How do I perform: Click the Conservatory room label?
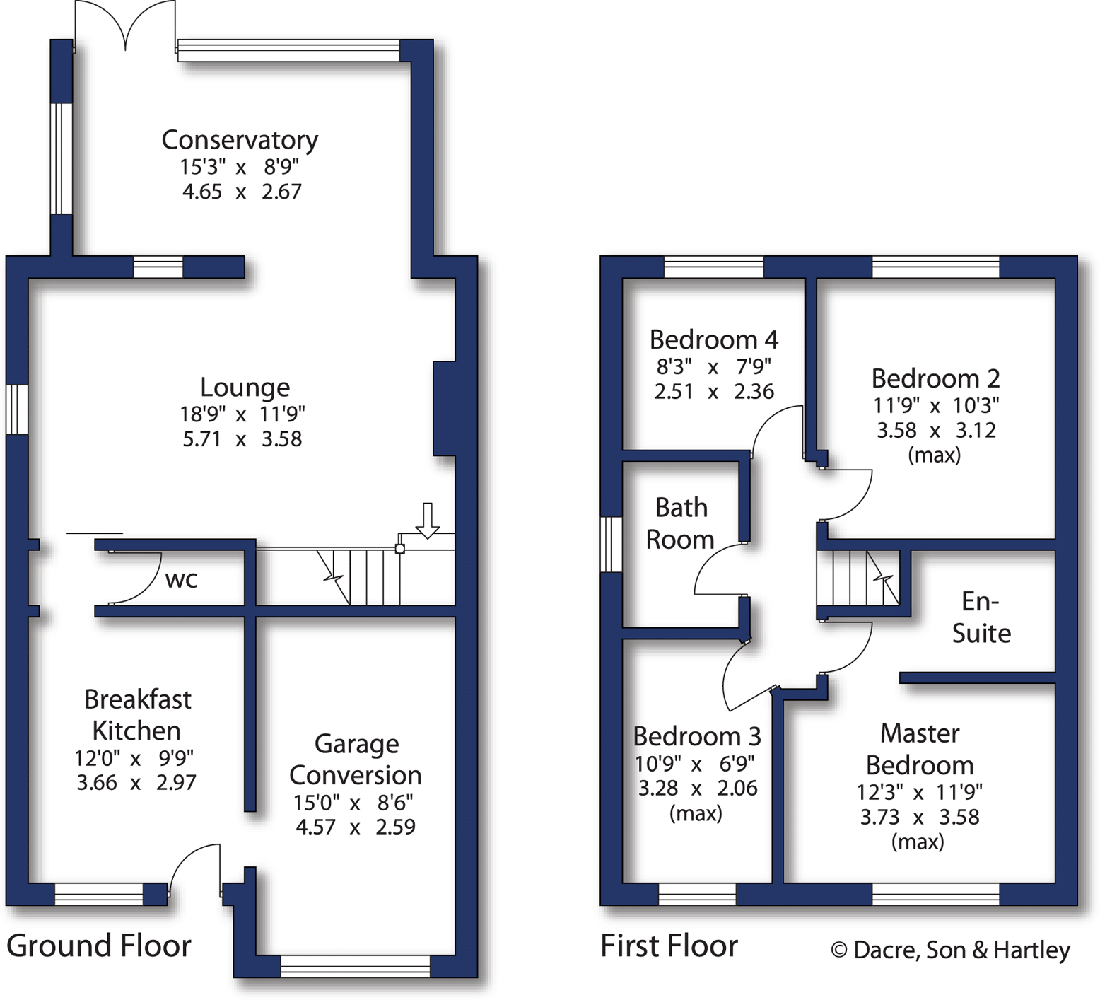(240, 140)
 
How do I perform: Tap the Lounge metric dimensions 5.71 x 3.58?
(242, 439)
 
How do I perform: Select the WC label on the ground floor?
(181, 580)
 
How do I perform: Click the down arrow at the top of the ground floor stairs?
(427, 521)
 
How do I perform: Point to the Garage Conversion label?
(356, 760)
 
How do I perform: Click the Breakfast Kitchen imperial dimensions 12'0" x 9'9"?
(134, 758)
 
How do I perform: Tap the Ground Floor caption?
(99, 946)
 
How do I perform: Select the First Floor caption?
(669, 946)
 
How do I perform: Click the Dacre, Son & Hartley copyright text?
(950, 950)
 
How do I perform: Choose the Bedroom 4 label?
(713, 340)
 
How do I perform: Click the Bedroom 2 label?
(935, 379)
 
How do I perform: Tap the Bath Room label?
(680, 523)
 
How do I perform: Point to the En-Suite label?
(981, 617)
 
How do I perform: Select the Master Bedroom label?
(919, 750)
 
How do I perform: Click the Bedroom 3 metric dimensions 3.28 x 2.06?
(697, 789)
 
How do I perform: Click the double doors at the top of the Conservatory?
(125, 25)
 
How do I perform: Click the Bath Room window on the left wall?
(611, 544)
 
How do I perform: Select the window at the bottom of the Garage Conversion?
(355, 966)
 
